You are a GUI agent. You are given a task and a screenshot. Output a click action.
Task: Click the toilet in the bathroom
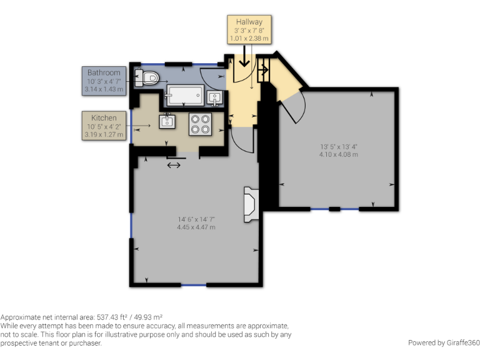tap(150, 78)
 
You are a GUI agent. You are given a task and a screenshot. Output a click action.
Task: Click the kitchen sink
tap(167, 121)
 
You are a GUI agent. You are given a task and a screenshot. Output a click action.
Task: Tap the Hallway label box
tap(249, 29)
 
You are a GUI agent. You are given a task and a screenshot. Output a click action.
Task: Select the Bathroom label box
tap(104, 81)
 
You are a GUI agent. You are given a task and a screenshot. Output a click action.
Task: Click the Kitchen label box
tap(104, 126)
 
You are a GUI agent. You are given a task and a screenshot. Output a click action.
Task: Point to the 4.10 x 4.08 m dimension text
tap(337, 154)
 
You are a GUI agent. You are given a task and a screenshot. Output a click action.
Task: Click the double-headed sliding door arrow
tap(174, 165)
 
